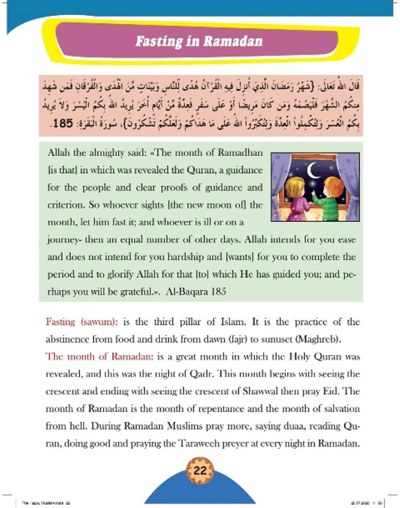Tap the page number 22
(200, 470)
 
